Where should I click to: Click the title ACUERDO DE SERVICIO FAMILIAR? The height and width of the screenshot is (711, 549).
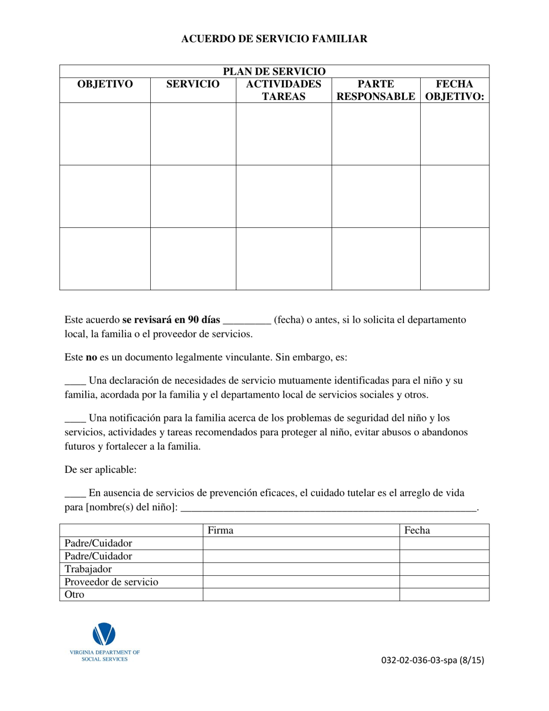pos(274,39)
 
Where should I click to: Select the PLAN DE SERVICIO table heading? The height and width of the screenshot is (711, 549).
pos(274,72)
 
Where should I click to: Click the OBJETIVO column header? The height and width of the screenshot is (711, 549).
pos(105,84)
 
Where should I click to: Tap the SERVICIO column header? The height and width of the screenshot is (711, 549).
pos(193,84)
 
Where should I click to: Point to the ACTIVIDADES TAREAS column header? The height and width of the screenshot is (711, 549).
pos(283,90)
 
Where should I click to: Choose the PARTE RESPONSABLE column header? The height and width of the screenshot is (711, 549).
pos(376,90)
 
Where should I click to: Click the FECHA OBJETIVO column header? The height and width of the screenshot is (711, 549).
pos(454,90)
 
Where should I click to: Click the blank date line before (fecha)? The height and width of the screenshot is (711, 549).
pos(247,321)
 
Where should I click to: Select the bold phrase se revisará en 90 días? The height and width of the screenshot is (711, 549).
pos(171,320)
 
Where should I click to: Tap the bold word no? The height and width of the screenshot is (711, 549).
pos(91,357)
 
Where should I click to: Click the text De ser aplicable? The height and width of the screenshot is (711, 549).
pos(101,469)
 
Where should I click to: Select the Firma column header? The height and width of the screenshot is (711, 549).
pos(220,530)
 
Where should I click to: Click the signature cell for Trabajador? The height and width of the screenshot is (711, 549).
pos(301,569)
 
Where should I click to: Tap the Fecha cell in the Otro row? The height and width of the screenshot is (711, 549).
pos(444,594)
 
